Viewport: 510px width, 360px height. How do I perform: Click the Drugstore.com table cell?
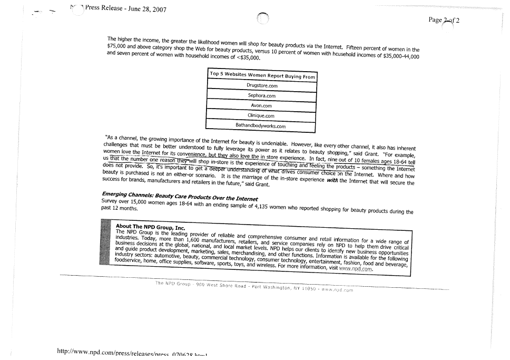[262, 85]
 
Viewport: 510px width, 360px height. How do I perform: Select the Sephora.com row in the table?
[262, 96]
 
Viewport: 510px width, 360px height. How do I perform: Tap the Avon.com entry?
[261, 106]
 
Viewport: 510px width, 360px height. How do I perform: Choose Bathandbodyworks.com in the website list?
[260, 127]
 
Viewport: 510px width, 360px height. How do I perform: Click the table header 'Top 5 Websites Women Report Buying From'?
[262, 76]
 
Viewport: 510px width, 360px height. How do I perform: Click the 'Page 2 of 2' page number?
[444, 20]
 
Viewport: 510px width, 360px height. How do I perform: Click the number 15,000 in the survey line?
[132, 203]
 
